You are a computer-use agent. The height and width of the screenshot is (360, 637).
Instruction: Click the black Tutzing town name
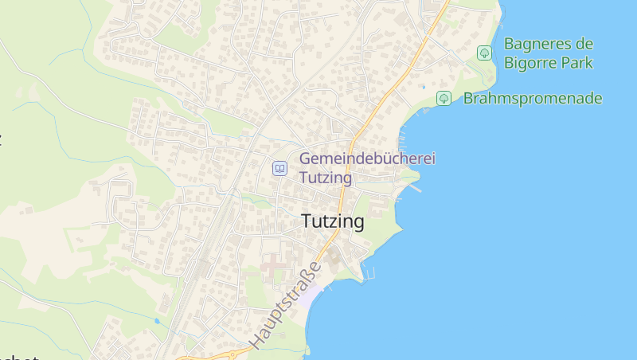[x=333, y=222]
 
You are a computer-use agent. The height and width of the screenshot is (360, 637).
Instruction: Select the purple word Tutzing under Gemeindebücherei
[x=325, y=177]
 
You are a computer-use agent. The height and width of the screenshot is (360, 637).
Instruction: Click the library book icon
[x=279, y=168]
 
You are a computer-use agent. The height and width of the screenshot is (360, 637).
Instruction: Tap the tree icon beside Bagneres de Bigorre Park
[x=483, y=53]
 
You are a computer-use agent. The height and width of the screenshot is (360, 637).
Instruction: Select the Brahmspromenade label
[x=532, y=99]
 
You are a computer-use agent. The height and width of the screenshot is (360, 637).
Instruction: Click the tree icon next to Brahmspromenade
[x=444, y=99]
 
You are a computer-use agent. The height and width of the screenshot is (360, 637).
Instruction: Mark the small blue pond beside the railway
[x=157, y=321]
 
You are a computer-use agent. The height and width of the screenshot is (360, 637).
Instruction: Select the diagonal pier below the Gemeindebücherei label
[x=414, y=189]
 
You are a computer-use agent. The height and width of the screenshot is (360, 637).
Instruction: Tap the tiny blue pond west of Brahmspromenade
[x=424, y=87]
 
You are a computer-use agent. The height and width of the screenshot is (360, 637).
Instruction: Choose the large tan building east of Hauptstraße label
[x=332, y=259]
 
